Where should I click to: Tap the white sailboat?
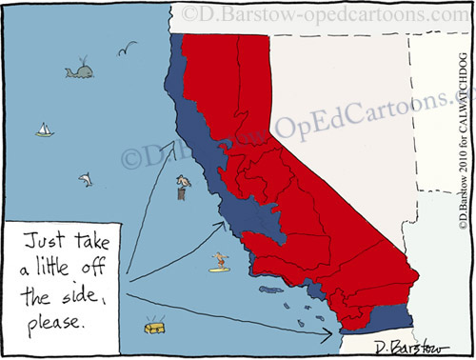(x=44, y=130)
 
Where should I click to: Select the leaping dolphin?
(x=86, y=177)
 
